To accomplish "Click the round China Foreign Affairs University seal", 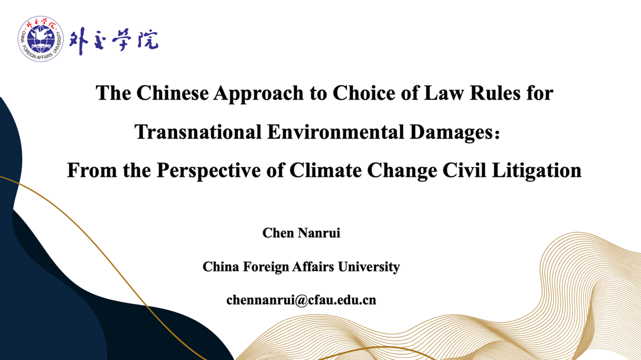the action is (x=40, y=38).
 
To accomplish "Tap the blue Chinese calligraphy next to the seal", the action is (x=114, y=40).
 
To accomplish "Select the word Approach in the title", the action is (x=258, y=94).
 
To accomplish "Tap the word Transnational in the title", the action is (x=198, y=132).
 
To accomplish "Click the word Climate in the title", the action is (x=326, y=170).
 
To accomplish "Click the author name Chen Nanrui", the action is (x=301, y=233).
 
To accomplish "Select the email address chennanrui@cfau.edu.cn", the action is (x=301, y=300).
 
